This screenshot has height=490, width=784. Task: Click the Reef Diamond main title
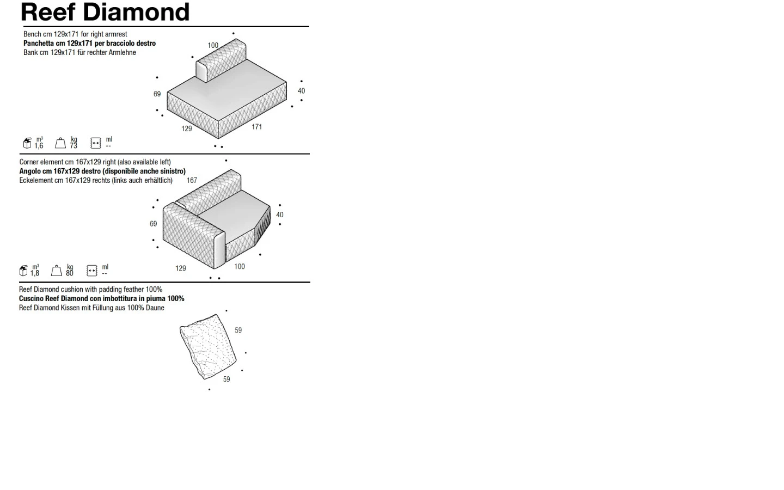point(105,12)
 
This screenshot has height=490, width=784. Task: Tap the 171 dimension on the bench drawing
point(256,127)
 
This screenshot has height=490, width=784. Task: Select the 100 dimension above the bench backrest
point(213,46)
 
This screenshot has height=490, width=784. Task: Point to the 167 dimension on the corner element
point(192,180)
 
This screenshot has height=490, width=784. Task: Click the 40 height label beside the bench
point(302,91)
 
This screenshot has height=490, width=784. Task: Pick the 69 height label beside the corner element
point(154,224)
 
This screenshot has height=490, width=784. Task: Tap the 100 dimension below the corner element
point(240,267)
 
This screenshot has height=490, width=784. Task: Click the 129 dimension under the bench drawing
point(187,129)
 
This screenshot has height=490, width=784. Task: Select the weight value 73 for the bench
point(73,146)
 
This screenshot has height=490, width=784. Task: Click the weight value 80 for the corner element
point(70,273)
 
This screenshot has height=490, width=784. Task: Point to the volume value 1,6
point(39,146)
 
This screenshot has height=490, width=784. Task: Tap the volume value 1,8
point(35,273)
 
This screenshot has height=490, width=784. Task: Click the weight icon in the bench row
point(60,143)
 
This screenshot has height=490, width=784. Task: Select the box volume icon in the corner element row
point(23,271)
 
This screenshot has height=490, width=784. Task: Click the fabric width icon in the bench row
point(96,143)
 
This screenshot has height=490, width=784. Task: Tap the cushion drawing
point(208,346)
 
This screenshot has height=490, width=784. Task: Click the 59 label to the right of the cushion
point(238,330)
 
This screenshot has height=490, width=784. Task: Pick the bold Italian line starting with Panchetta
point(90,44)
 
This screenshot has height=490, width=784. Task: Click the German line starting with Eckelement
point(96,181)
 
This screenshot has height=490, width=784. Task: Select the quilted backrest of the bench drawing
point(221,60)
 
